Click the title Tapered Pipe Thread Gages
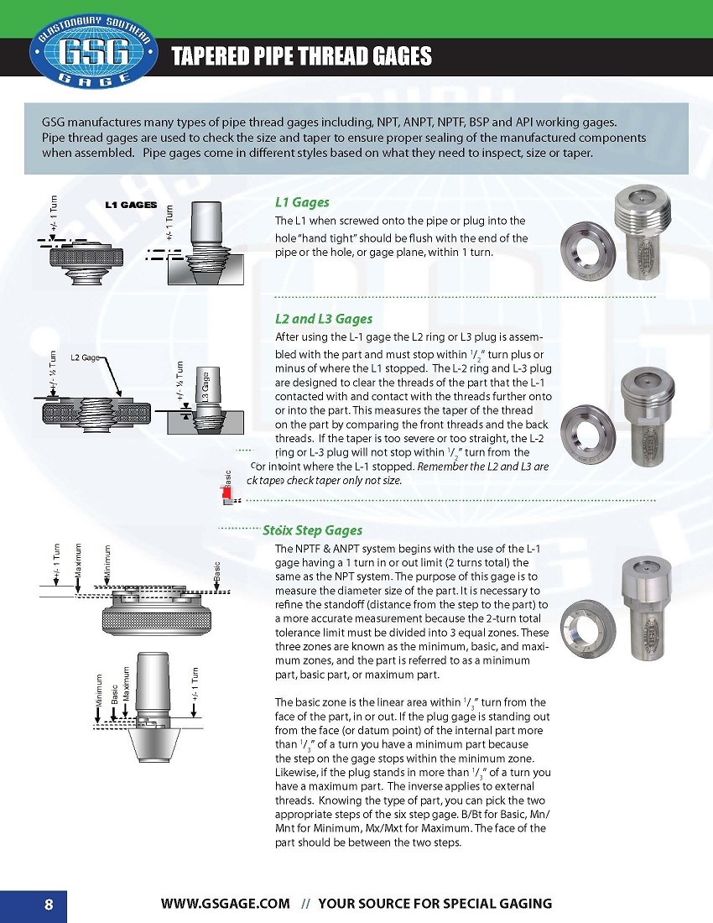click(x=301, y=56)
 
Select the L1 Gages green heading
click(x=302, y=202)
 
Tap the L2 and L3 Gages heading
click(x=324, y=319)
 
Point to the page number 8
click(x=49, y=904)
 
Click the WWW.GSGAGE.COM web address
click(x=226, y=904)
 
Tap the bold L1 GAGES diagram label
click(x=131, y=205)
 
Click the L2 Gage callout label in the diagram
click(x=85, y=358)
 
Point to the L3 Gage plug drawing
click(x=206, y=403)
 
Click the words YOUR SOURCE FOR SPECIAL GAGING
click(x=435, y=904)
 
